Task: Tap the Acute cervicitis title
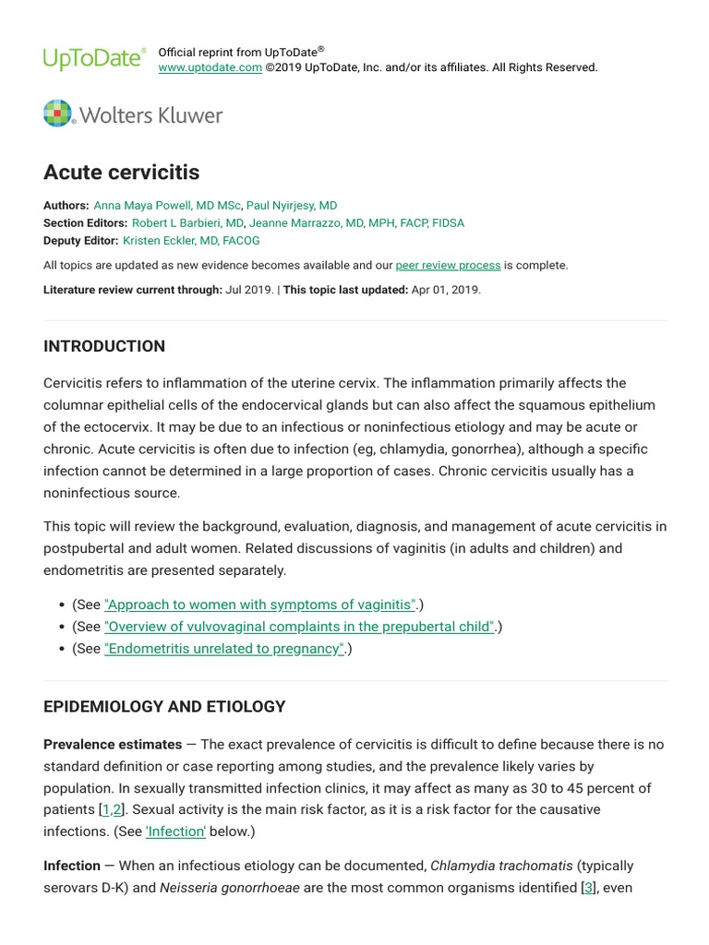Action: pos(121,172)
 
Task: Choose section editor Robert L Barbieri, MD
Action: pos(187,223)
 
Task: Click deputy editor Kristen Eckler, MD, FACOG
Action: pos(191,240)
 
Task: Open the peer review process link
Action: pos(448,265)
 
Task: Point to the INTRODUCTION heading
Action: pos(104,346)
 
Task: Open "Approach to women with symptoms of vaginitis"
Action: pos(260,604)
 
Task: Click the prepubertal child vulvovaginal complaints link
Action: pos(300,627)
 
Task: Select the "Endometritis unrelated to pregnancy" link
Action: pos(224,649)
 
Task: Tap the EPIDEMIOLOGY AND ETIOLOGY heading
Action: pos(164,707)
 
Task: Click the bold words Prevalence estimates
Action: pos(113,744)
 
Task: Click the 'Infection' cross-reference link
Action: pos(175,831)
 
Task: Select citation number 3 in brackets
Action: pos(588,889)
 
